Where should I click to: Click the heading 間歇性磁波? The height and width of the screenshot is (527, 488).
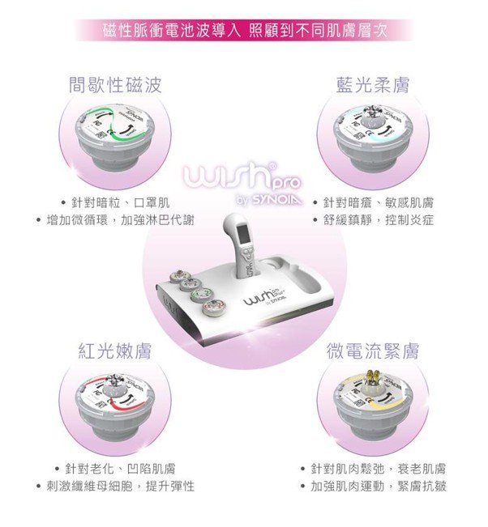(117, 84)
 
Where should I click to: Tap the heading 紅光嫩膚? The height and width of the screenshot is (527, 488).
(117, 351)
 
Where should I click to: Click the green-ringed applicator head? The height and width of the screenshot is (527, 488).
(117, 138)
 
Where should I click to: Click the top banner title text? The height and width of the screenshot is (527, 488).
(243, 30)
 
